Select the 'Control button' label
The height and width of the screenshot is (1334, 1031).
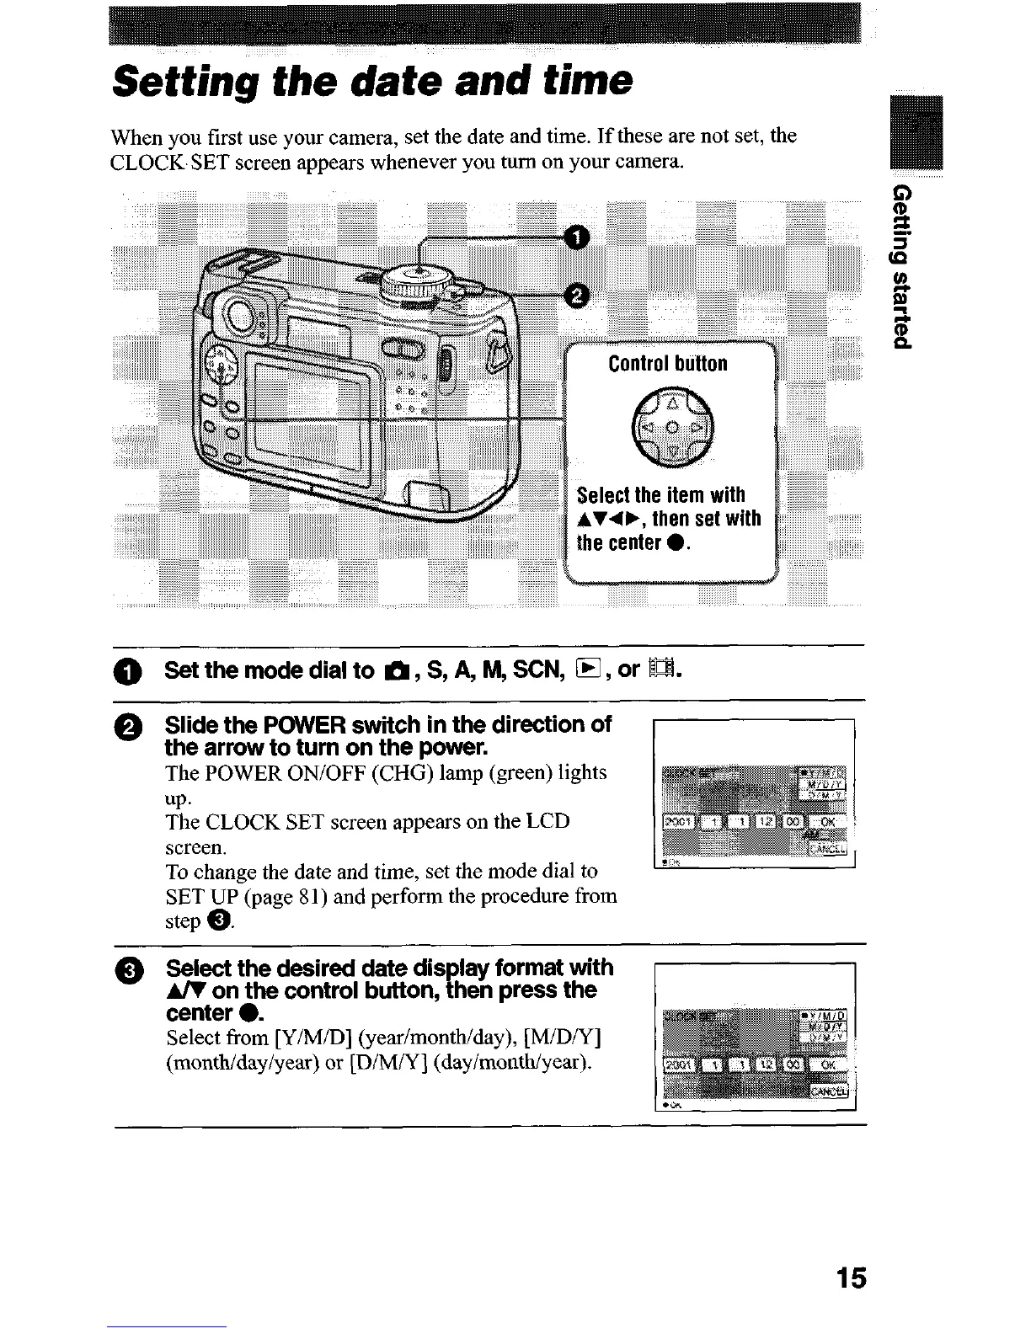coord(667,364)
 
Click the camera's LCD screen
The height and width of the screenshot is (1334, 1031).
coord(311,412)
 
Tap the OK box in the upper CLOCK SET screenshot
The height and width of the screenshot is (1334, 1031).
coord(827,822)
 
